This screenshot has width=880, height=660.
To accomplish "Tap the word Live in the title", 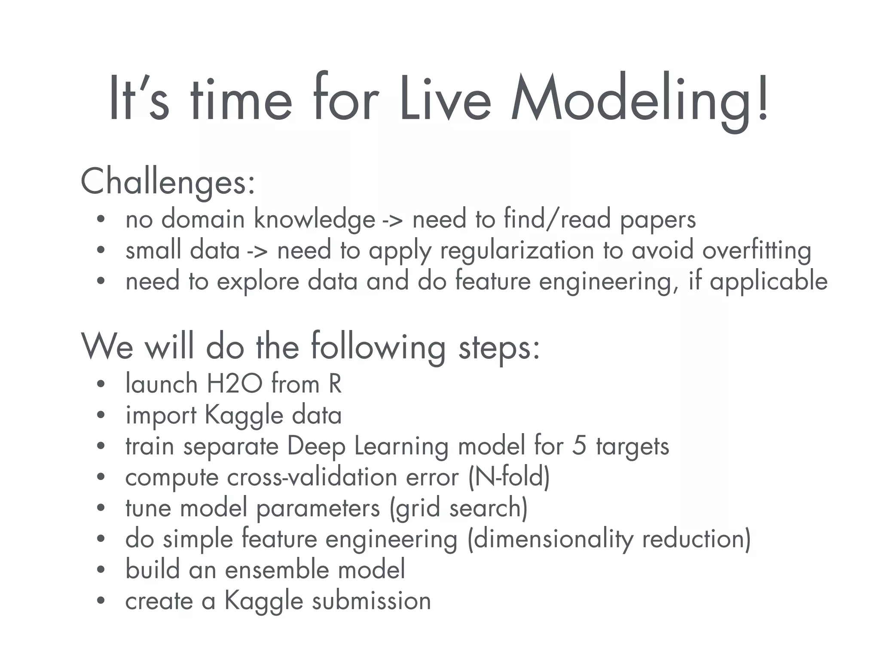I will click(x=445, y=101).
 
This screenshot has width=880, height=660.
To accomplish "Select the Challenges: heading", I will click(x=168, y=182).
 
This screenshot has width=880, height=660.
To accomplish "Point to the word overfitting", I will click(x=757, y=251).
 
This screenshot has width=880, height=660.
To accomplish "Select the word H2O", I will click(x=234, y=384).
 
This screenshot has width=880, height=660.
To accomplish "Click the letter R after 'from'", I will click(x=335, y=384).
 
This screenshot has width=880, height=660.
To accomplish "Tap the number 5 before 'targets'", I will click(x=579, y=446).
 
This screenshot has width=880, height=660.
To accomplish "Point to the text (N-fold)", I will click(x=509, y=477).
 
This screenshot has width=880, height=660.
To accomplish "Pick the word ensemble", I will click(x=277, y=570).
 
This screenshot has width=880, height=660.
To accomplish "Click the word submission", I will click(x=371, y=601).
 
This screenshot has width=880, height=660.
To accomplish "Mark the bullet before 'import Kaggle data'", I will click(x=101, y=416).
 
